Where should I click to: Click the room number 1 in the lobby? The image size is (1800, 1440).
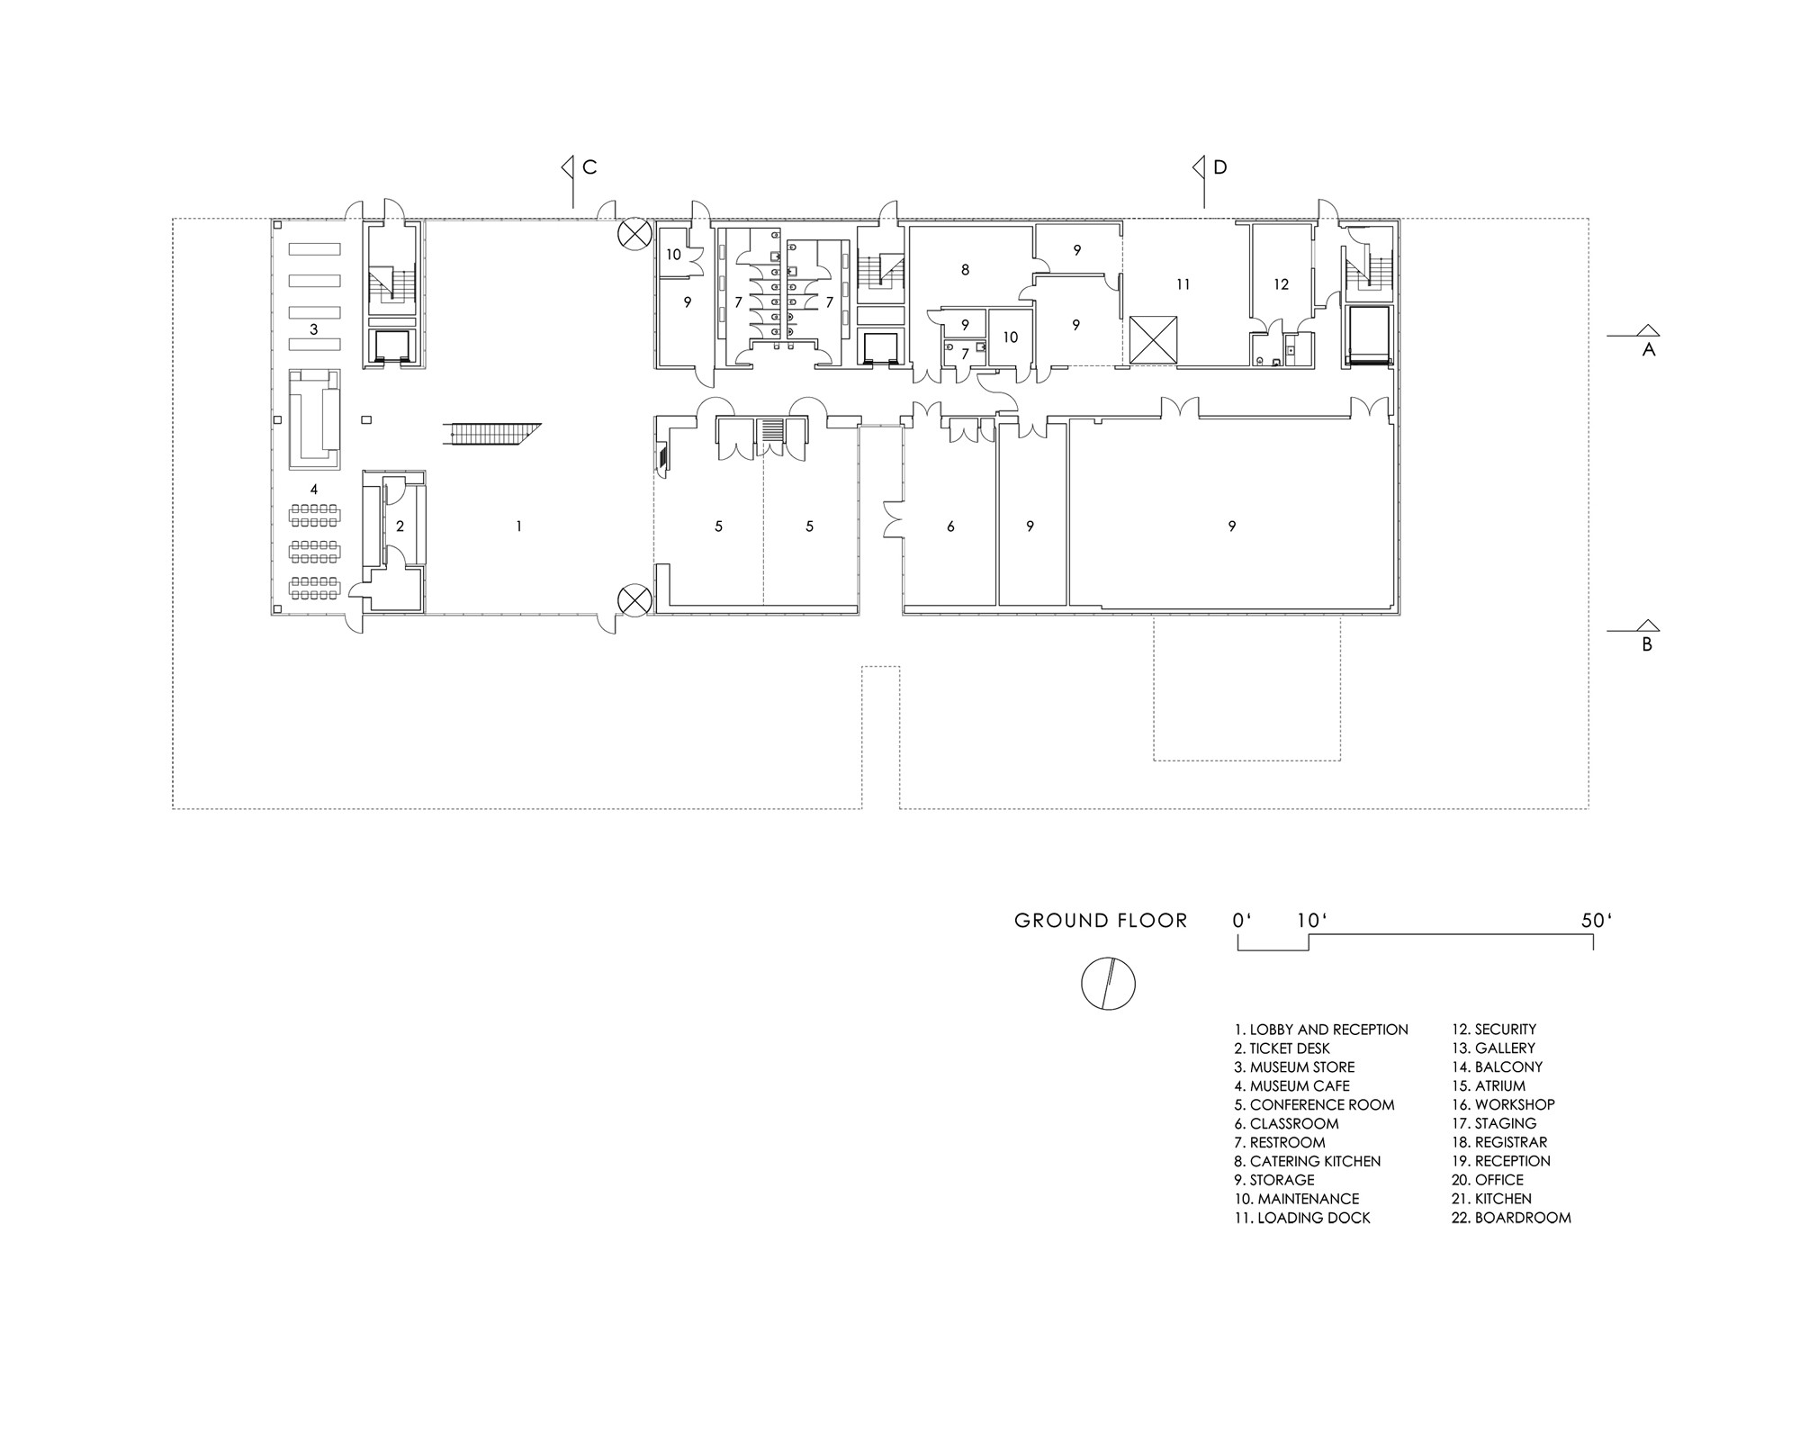pos(518,526)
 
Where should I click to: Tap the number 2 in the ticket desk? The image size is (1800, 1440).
pos(400,526)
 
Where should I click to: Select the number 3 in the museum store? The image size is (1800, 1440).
pos(314,329)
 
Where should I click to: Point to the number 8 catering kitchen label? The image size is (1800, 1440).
pos(965,269)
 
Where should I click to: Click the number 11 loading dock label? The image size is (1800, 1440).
pos(1183,284)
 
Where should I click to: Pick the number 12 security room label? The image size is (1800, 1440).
pos(1282,284)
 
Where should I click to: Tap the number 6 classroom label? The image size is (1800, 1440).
pos(950,526)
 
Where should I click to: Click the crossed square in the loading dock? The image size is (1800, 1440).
pos(1152,340)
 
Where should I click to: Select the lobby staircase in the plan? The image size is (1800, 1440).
pos(493,433)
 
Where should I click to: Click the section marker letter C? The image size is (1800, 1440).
pos(589,167)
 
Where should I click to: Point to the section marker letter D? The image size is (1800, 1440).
pos(1220,167)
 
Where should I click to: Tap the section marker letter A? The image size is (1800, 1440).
pos(1649,350)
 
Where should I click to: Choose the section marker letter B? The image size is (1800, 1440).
pos(1647,644)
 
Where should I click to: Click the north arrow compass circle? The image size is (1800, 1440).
pos(1108,984)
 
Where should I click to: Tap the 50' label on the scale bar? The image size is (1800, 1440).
pos(1597,921)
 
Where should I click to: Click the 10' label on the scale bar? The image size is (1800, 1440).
pos(1312,921)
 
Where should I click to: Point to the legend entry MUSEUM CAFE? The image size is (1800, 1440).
pos(1292,1086)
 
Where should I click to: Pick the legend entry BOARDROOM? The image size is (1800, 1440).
pos(1512,1218)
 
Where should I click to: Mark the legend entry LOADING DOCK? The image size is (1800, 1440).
pos(1302,1218)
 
